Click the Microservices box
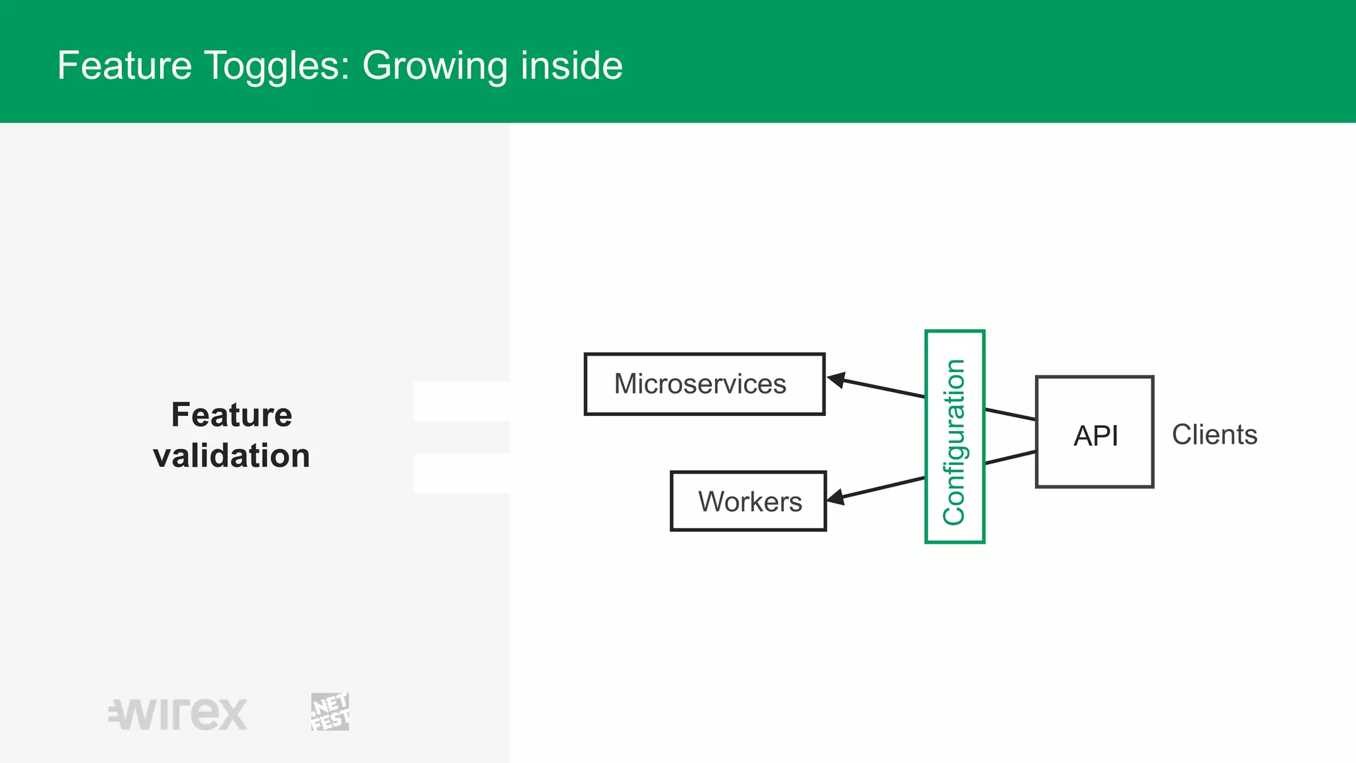coord(704,384)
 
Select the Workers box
coord(748,501)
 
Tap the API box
coord(1094,432)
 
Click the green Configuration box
coord(954,437)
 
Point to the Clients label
coord(1214,435)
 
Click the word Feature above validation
coord(231,415)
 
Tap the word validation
coord(231,456)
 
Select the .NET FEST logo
coord(330,712)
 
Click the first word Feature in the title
coord(124,66)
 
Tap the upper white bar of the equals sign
coord(461,401)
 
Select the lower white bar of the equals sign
coord(461,473)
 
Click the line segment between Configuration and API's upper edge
coord(1010,415)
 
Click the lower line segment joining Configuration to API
coord(1010,458)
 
